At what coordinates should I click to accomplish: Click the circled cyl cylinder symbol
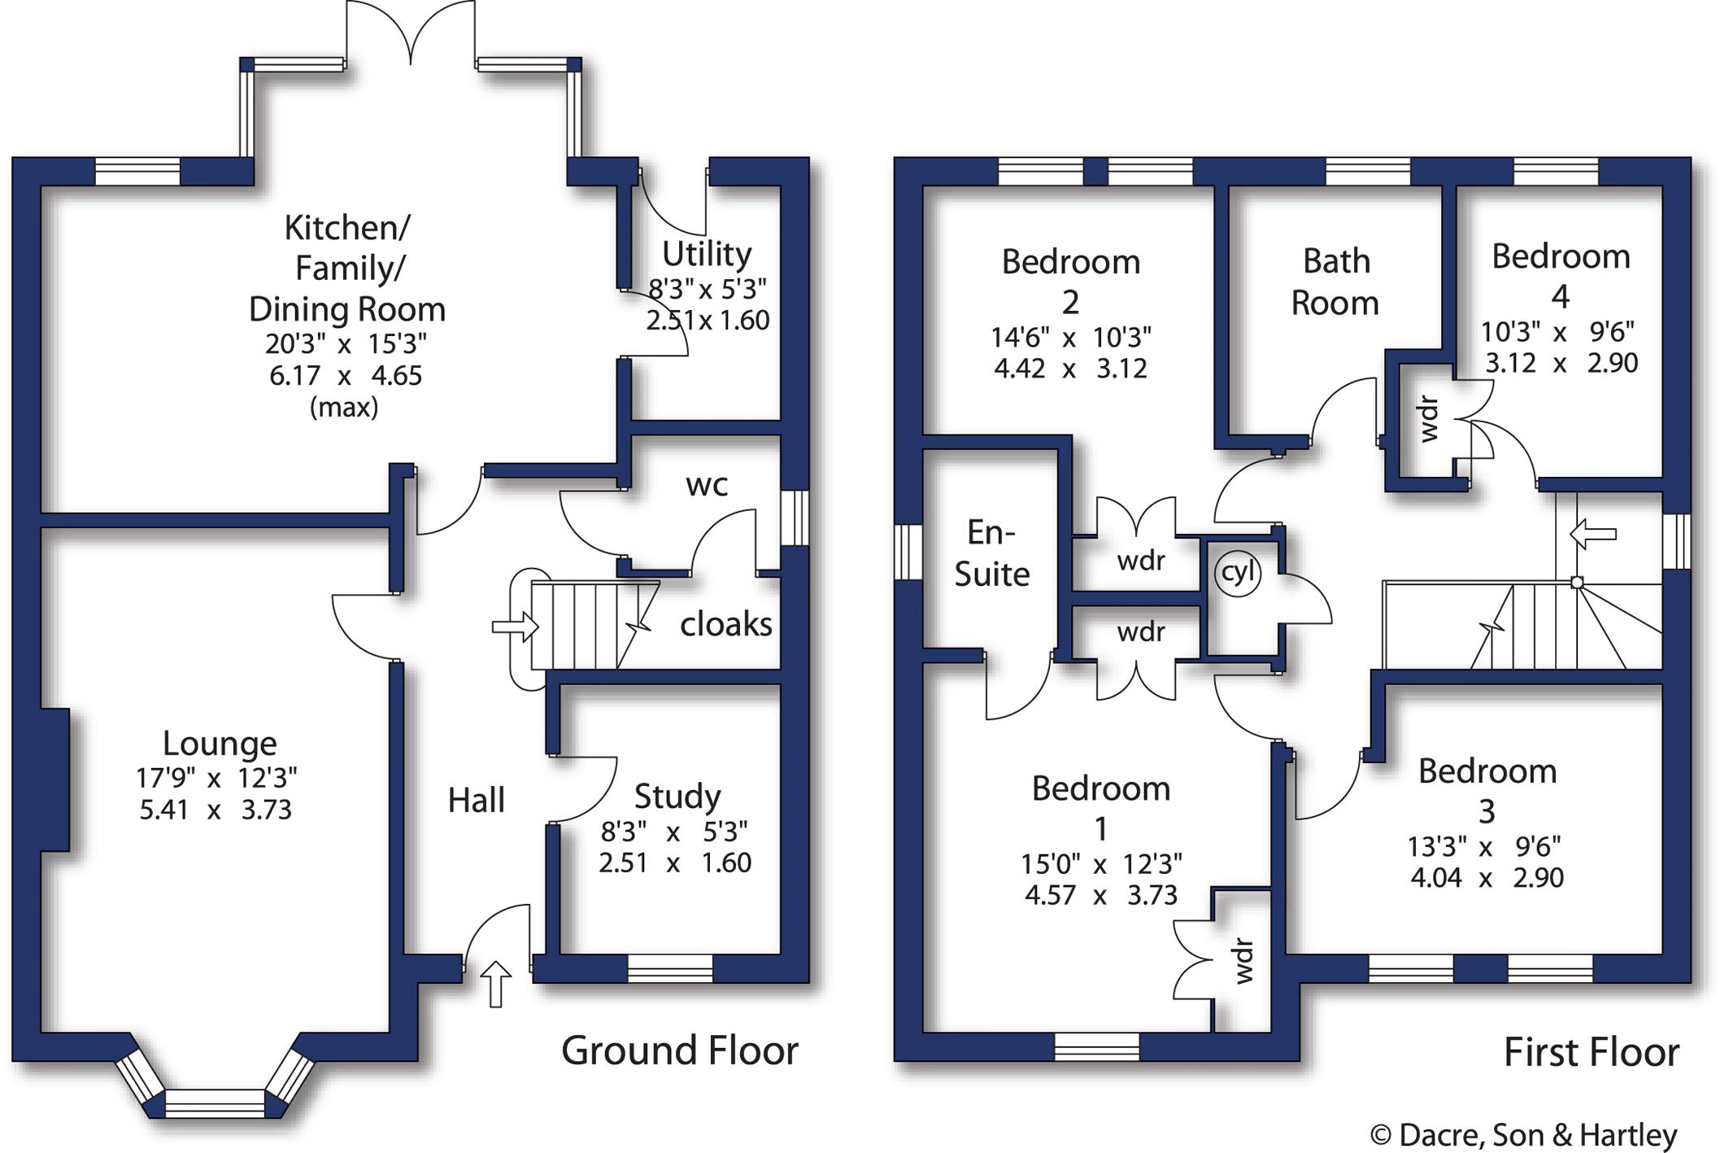1237,572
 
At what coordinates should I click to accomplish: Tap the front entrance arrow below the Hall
495,984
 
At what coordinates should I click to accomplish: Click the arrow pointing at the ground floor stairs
515,627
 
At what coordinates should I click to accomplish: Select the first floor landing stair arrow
1592,535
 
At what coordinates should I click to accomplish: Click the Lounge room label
220,743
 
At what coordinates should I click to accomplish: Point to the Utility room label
706,254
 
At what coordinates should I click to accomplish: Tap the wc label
706,486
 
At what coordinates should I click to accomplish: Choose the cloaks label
725,625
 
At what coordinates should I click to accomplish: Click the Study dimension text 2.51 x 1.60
675,863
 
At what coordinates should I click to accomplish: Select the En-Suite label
991,553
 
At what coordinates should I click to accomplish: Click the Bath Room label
1335,282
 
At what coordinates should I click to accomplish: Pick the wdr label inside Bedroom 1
1243,961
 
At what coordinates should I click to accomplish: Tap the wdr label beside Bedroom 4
1428,418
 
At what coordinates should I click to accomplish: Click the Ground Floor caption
680,1050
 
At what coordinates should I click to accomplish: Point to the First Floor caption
1591,1052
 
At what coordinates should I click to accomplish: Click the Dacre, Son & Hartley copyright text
1523,1134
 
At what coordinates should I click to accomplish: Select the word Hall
476,800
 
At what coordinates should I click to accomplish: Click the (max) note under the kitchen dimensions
344,407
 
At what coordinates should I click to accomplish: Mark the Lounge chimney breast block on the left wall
53,780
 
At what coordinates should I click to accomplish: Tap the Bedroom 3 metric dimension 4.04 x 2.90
1487,878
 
